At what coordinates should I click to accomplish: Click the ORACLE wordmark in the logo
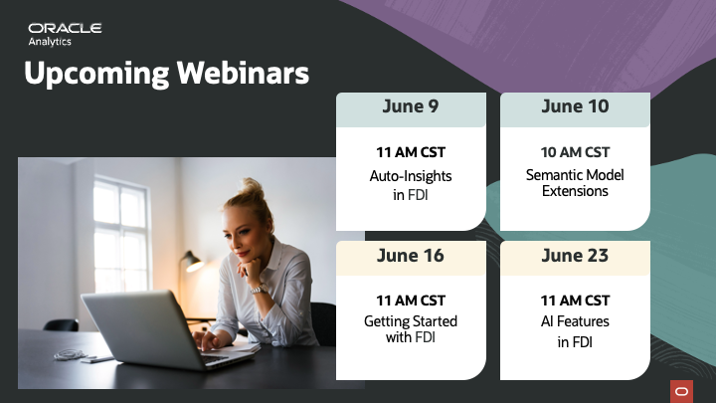point(65,28)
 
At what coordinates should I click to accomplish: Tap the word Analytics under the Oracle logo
point(50,42)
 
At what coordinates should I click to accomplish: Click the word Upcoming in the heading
point(96,74)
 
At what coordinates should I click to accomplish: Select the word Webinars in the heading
point(243,73)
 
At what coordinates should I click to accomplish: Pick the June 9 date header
point(411,106)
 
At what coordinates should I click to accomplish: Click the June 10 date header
point(575,106)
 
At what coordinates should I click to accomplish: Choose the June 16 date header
point(411,256)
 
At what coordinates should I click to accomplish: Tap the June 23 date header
point(575,256)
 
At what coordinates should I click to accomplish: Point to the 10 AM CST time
point(575,152)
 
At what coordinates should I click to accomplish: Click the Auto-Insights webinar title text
point(411,185)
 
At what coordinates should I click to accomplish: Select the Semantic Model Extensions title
point(575,183)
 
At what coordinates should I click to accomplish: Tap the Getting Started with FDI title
point(411,329)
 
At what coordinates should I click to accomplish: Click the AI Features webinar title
point(575,331)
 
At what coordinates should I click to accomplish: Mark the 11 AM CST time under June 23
point(575,301)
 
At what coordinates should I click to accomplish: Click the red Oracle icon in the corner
point(682,392)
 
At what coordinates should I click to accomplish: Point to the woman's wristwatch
point(260,289)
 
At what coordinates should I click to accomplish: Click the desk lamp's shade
point(194,263)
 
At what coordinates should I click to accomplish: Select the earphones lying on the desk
point(70,354)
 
